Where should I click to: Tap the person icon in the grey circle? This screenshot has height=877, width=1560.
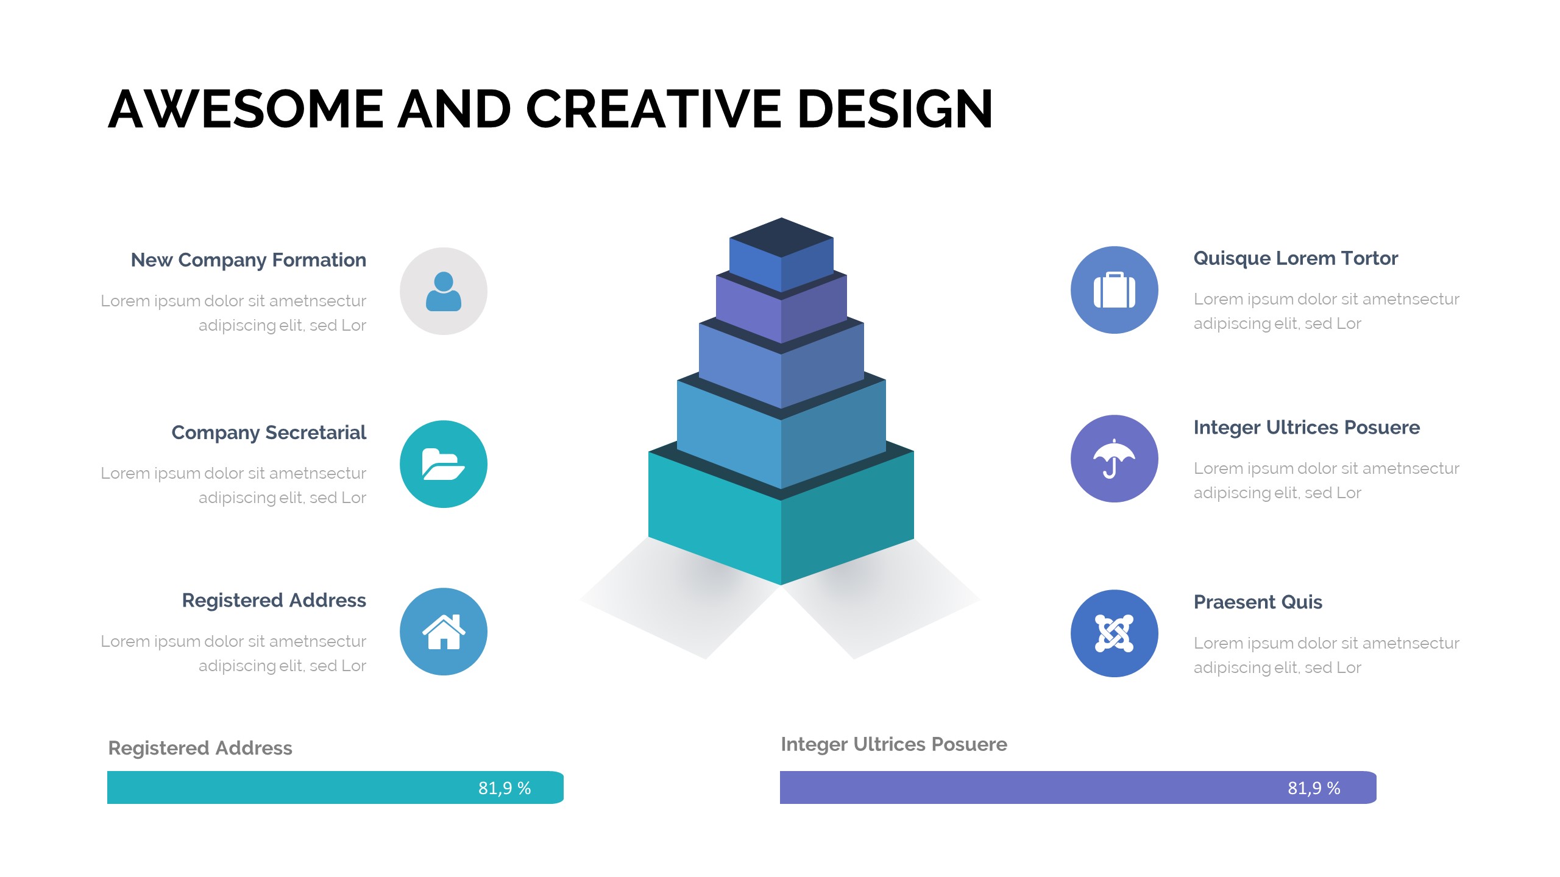pyautogui.click(x=444, y=291)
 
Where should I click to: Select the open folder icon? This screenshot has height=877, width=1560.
pyautogui.click(x=444, y=464)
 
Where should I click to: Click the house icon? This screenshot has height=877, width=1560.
pyautogui.click(x=444, y=632)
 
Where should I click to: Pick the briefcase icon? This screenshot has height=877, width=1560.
pyautogui.click(x=1115, y=290)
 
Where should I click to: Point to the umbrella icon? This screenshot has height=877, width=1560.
pyautogui.click(x=1114, y=459)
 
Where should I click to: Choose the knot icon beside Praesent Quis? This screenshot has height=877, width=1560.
pyautogui.click(x=1114, y=633)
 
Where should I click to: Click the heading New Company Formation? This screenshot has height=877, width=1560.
pyautogui.click(x=249, y=260)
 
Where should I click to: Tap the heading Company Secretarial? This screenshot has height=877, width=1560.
pyautogui.click(x=269, y=432)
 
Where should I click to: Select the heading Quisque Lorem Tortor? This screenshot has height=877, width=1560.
pyautogui.click(x=1296, y=258)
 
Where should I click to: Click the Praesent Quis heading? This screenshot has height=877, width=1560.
pyautogui.click(x=1258, y=602)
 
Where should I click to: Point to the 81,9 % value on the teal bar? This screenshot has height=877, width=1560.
pyautogui.click(x=505, y=788)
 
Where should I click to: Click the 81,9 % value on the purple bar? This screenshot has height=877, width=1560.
pyautogui.click(x=1314, y=788)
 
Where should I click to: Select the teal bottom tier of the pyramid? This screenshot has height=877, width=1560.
pyautogui.click(x=781, y=524)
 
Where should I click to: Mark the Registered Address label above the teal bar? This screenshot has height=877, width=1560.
pyautogui.click(x=200, y=748)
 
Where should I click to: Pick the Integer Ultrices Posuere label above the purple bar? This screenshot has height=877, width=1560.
pyautogui.click(x=894, y=744)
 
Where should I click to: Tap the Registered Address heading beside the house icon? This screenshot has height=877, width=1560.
pyautogui.click(x=274, y=601)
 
